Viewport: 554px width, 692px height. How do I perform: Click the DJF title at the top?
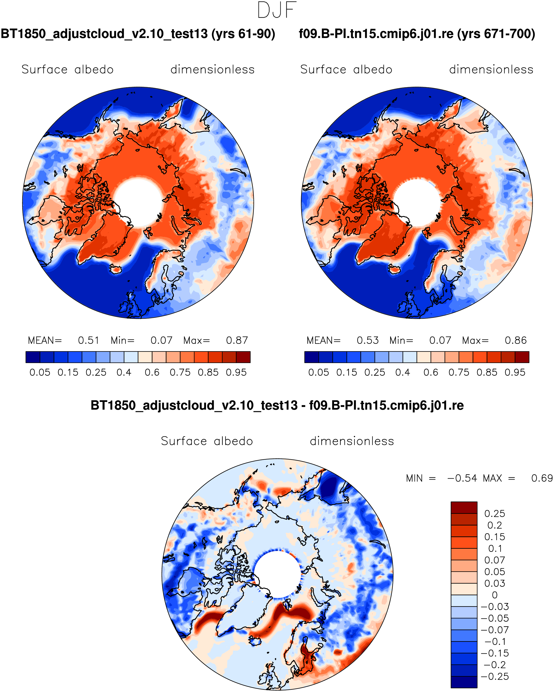click(277, 10)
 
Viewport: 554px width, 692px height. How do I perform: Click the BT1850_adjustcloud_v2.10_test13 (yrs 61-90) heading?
click(138, 34)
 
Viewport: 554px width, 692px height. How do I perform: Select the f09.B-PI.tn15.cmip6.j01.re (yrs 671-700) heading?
click(417, 34)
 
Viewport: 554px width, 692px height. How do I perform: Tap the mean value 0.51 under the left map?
click(88, 340)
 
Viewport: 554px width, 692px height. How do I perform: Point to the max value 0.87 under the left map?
click(237, 340)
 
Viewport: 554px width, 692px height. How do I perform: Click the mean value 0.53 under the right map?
click(368, 340)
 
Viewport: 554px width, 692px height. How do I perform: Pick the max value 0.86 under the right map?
click(515, 340)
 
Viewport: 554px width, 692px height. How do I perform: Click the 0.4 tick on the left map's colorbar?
click(124, 372)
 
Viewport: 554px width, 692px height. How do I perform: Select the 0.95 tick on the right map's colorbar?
click(515, 372)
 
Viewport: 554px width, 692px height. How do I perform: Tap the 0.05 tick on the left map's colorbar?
click(40, 372)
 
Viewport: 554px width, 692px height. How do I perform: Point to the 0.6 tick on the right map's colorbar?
click(431, 372)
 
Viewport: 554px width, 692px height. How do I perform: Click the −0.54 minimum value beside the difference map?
click(462, 478)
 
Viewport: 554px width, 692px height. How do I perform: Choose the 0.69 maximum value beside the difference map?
click(542, 478)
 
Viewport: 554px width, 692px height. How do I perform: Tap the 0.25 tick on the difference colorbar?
click(495, 514)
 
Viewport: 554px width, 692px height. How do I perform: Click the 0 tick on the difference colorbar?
click(495, 595)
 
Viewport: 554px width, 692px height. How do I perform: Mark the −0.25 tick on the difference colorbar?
click(495, 676)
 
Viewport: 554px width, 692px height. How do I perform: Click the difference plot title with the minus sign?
click(277, 405)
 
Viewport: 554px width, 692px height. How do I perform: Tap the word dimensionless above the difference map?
click(352, 441)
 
